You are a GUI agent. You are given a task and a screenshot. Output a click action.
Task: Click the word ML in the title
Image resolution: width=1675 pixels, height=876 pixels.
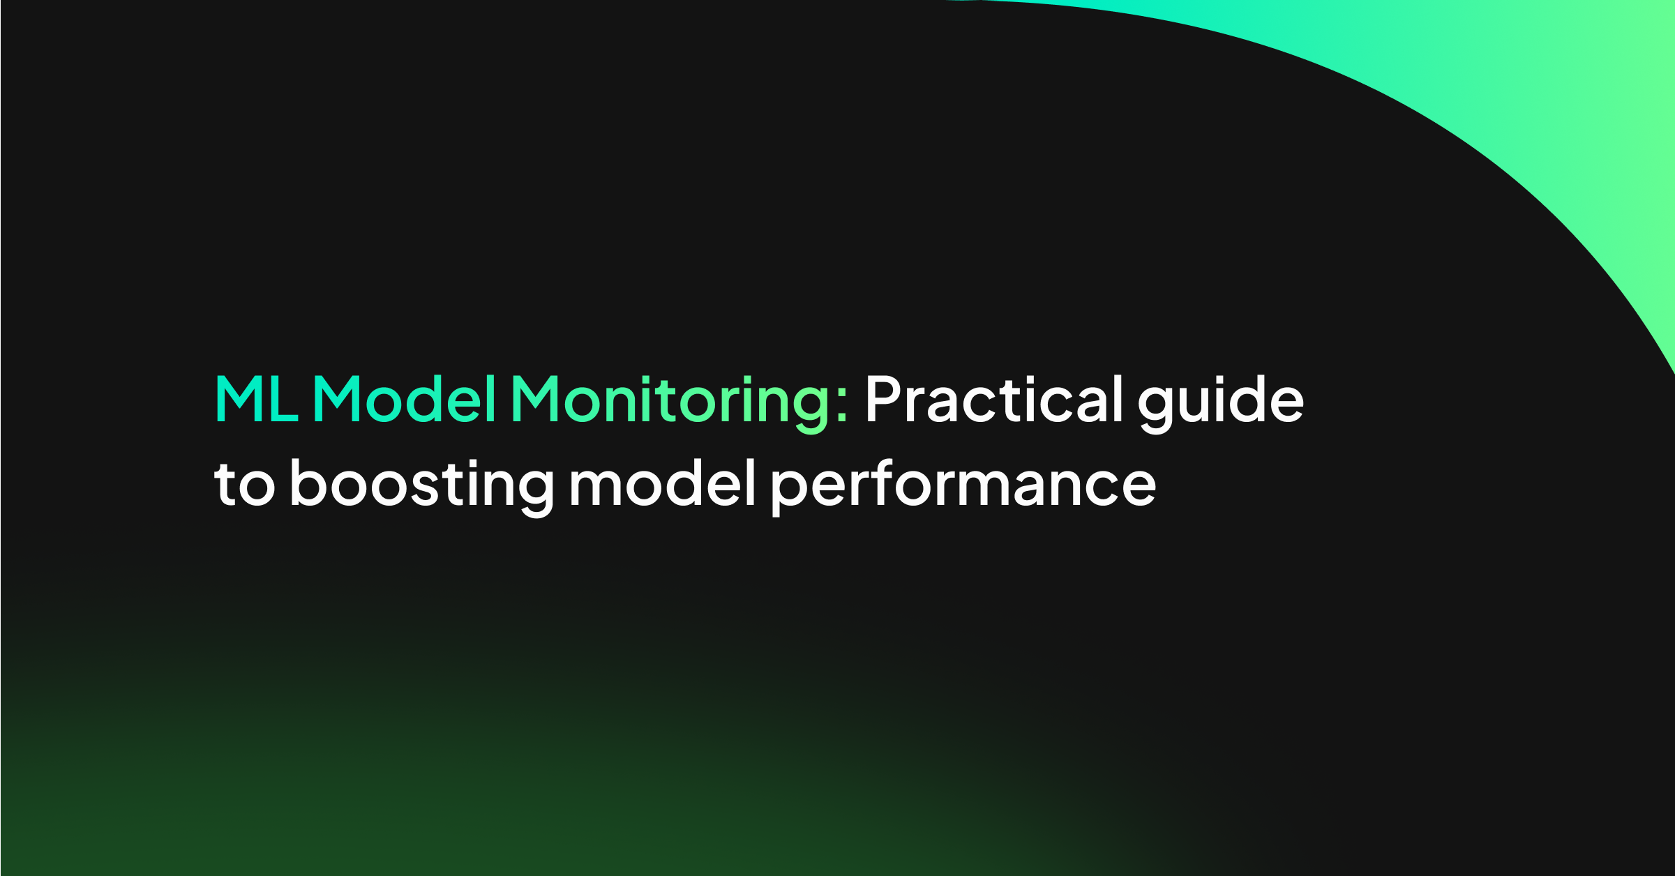(256, 399)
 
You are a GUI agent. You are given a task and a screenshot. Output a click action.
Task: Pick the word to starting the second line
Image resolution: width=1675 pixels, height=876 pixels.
(244, 484)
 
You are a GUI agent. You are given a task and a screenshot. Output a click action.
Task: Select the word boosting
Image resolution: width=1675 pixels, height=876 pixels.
(421, 486)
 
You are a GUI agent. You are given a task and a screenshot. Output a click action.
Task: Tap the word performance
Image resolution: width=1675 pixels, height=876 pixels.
(963, 486)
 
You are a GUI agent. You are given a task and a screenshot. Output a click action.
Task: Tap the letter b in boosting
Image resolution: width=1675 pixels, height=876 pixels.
(306, 483)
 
